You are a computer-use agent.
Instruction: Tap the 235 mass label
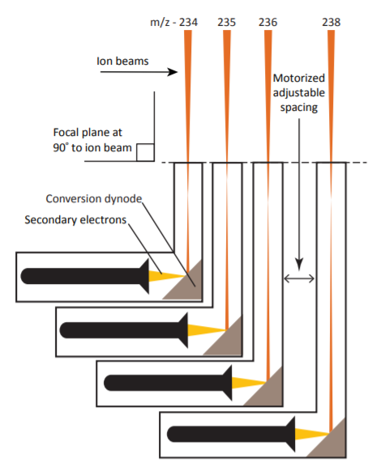click(x=227, y=22)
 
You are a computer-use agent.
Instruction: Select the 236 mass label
click(x=268, y=22)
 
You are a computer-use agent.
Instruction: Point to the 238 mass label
click(x=332, y=22)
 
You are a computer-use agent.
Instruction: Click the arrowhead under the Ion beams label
click(x=173, y=72)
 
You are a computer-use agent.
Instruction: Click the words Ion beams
click(x=122, y=61)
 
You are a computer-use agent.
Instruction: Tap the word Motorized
click(x=299, y=78)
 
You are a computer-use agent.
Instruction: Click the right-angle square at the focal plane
click(x=145, y=152)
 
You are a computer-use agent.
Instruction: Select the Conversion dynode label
click(x=94, y=199)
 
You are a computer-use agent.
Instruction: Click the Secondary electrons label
click(x=75, y=219)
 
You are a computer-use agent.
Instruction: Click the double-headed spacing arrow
click(x=299, y=278)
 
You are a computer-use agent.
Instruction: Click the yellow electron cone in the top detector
click(x=166, y=276)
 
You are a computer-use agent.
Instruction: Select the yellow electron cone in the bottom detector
click(x=312, y=434)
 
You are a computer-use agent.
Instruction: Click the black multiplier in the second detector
click(x=124, y=330)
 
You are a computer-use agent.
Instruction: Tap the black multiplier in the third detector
click(x=168, y=383)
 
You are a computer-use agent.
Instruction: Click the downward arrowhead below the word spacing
click(x=299, y=264)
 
